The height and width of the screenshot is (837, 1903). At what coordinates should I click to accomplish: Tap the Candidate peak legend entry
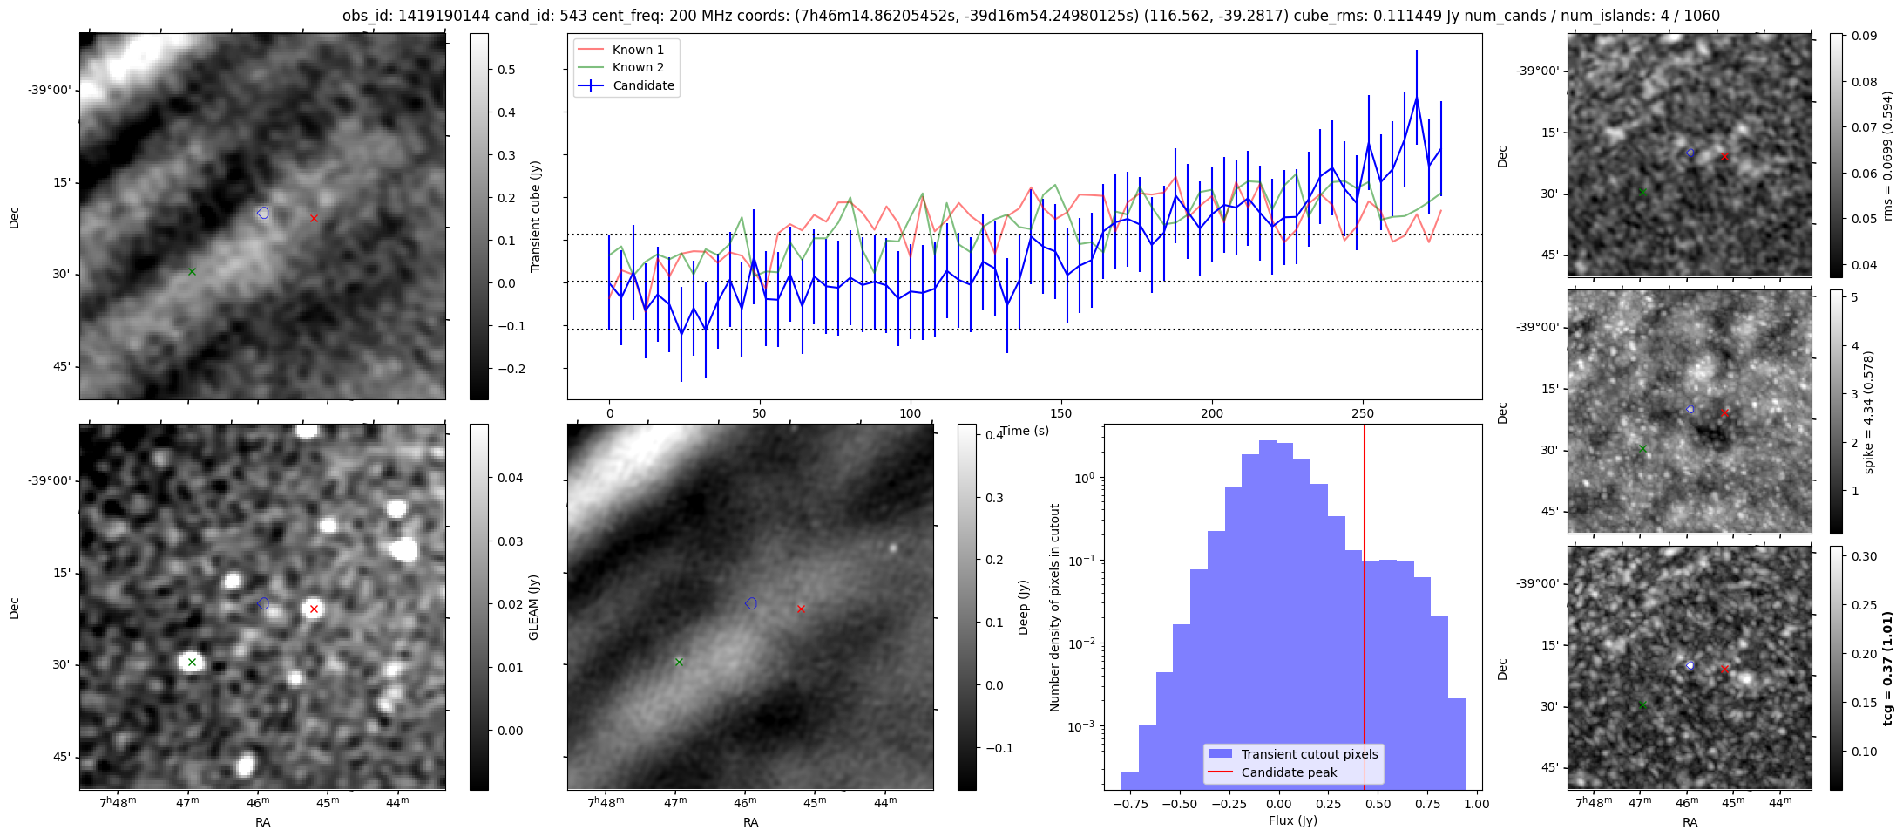click(x=1289, y=772)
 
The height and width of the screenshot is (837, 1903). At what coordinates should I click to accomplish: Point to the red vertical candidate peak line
click(x=1365, y=610)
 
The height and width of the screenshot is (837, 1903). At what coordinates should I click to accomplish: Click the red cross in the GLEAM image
click(x=314, y=609)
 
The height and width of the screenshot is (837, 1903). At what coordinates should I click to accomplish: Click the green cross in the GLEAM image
click(x=192, y=662)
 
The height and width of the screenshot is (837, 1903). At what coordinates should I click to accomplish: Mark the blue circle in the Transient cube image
click(x=263, y=213)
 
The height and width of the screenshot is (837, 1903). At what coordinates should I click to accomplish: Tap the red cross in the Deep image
click(x=801, y=609)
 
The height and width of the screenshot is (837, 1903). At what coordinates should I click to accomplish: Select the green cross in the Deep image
click(x=679, y=662)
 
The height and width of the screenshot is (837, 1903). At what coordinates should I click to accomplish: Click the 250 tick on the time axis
click(x=1362, y=413)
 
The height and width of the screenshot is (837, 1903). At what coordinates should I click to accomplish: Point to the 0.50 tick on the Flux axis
click(x=1378, y=804)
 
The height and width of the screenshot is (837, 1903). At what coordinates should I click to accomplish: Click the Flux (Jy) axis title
click(x=1292, y=820)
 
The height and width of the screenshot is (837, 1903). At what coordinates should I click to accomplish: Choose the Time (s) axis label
click(x=1025, y=431)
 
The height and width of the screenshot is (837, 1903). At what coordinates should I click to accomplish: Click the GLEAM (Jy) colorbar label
click(x=533, y=607)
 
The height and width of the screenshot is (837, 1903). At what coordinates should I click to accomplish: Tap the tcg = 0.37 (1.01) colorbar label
click(x=1887, y=668)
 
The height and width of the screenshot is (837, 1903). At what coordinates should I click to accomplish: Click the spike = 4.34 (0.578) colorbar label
click(x=1868, y=412)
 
